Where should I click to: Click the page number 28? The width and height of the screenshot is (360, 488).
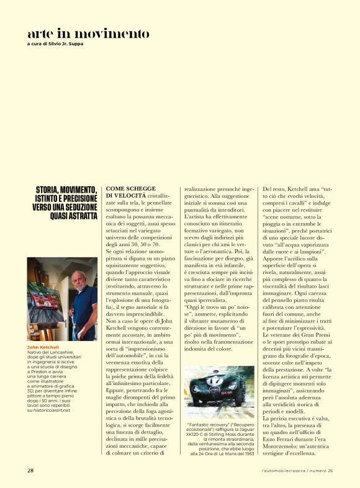click(x=30, y=471)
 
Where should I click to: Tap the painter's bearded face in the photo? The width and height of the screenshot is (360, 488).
click(x=78, y=280)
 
